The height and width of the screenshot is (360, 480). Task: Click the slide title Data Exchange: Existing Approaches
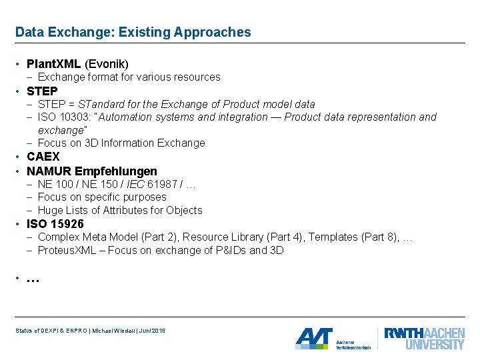133,32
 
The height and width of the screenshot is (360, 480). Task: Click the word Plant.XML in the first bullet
54,64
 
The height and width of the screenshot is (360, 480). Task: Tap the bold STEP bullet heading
42,91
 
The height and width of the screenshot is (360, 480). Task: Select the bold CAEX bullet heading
43,157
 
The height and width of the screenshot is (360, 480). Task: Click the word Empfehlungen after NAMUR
117,171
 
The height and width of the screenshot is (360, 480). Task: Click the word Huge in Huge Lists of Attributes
50,211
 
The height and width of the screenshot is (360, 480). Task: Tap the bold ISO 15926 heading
55,224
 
